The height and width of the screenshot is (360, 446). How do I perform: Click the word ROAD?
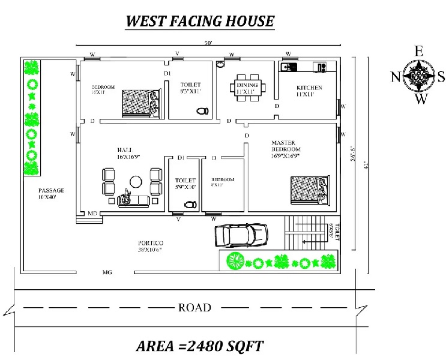(194, 308)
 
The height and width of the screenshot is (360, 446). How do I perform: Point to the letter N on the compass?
(395, 76)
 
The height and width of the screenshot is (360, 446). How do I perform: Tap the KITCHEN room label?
(309, 91)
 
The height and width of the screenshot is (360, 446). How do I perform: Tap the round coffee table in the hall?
(136, 180)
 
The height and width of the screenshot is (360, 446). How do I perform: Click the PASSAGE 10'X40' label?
(51, 193)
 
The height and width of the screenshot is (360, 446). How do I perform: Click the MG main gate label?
(107, 272)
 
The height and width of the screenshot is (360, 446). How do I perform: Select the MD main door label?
(92, 213)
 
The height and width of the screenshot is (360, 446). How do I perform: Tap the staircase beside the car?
(307, 234)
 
